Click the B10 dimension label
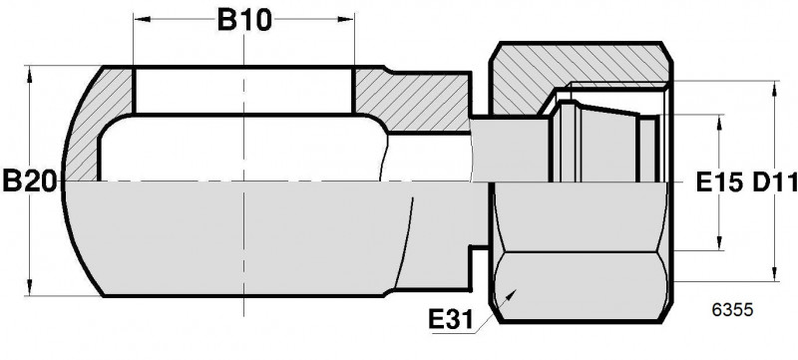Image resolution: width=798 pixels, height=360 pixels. point(244,20)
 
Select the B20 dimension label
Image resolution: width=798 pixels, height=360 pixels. point(30,181)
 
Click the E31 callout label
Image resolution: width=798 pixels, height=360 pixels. point(451,320)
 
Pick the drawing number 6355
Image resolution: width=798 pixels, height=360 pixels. point(732,310)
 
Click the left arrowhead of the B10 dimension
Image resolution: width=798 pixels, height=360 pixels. point(143,19)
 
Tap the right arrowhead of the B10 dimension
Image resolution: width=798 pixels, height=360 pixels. point(345,19)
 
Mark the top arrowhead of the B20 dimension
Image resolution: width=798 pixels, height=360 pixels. point(30,75)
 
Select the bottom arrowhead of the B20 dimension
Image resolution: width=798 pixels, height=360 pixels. point(30,287)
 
